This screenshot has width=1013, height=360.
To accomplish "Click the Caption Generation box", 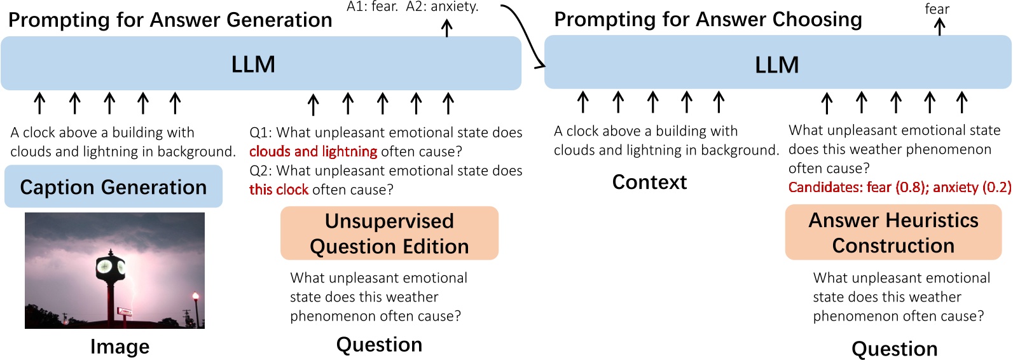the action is pyautogui.click(x=114, y=186).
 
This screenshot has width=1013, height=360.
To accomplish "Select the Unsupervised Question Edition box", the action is pyautogui.click(x=389, y=233).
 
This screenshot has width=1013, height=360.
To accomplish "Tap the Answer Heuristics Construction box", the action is pyautogui.click(x=893, y=232).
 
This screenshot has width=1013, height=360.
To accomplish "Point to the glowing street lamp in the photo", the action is pyautogui.click(x=195, y=296).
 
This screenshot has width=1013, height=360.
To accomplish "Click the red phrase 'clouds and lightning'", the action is pyautogui.click(x=313, y=151).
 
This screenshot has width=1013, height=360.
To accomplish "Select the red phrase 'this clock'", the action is pyautogui.click(x=279, y=190).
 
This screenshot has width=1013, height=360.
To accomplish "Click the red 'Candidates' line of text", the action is pyautogui.click(x=899, y=187).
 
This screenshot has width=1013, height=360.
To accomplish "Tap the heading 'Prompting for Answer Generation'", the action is pyautogui.click(x=170, y=20).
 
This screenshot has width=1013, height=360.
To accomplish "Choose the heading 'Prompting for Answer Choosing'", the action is pyautogui.click(x=708, y=20).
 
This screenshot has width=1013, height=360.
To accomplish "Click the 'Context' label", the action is pyautogui.click(x=649, y=183).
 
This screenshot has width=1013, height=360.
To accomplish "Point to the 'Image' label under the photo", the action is pyautogui.click(x=120, y=347).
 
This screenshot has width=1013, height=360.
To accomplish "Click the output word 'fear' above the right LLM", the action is pyautogui.click(x=937, y=9).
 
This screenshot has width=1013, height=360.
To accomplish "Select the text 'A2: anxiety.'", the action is pyautogui.click(x=443, y=6).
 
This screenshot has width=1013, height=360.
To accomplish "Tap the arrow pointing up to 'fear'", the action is pyautogui.click(x=940, y=27).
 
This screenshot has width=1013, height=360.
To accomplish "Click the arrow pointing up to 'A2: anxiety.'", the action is pyautogui.click(x=447, y=28).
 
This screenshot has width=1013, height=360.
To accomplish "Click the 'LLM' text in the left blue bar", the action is pyautogui.click(x=253, y=64).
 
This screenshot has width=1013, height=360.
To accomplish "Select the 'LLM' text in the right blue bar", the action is pyautogui.click(x=777, y=65).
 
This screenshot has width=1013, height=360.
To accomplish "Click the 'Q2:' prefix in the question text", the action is pyautogui.click(x=261, y=171).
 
